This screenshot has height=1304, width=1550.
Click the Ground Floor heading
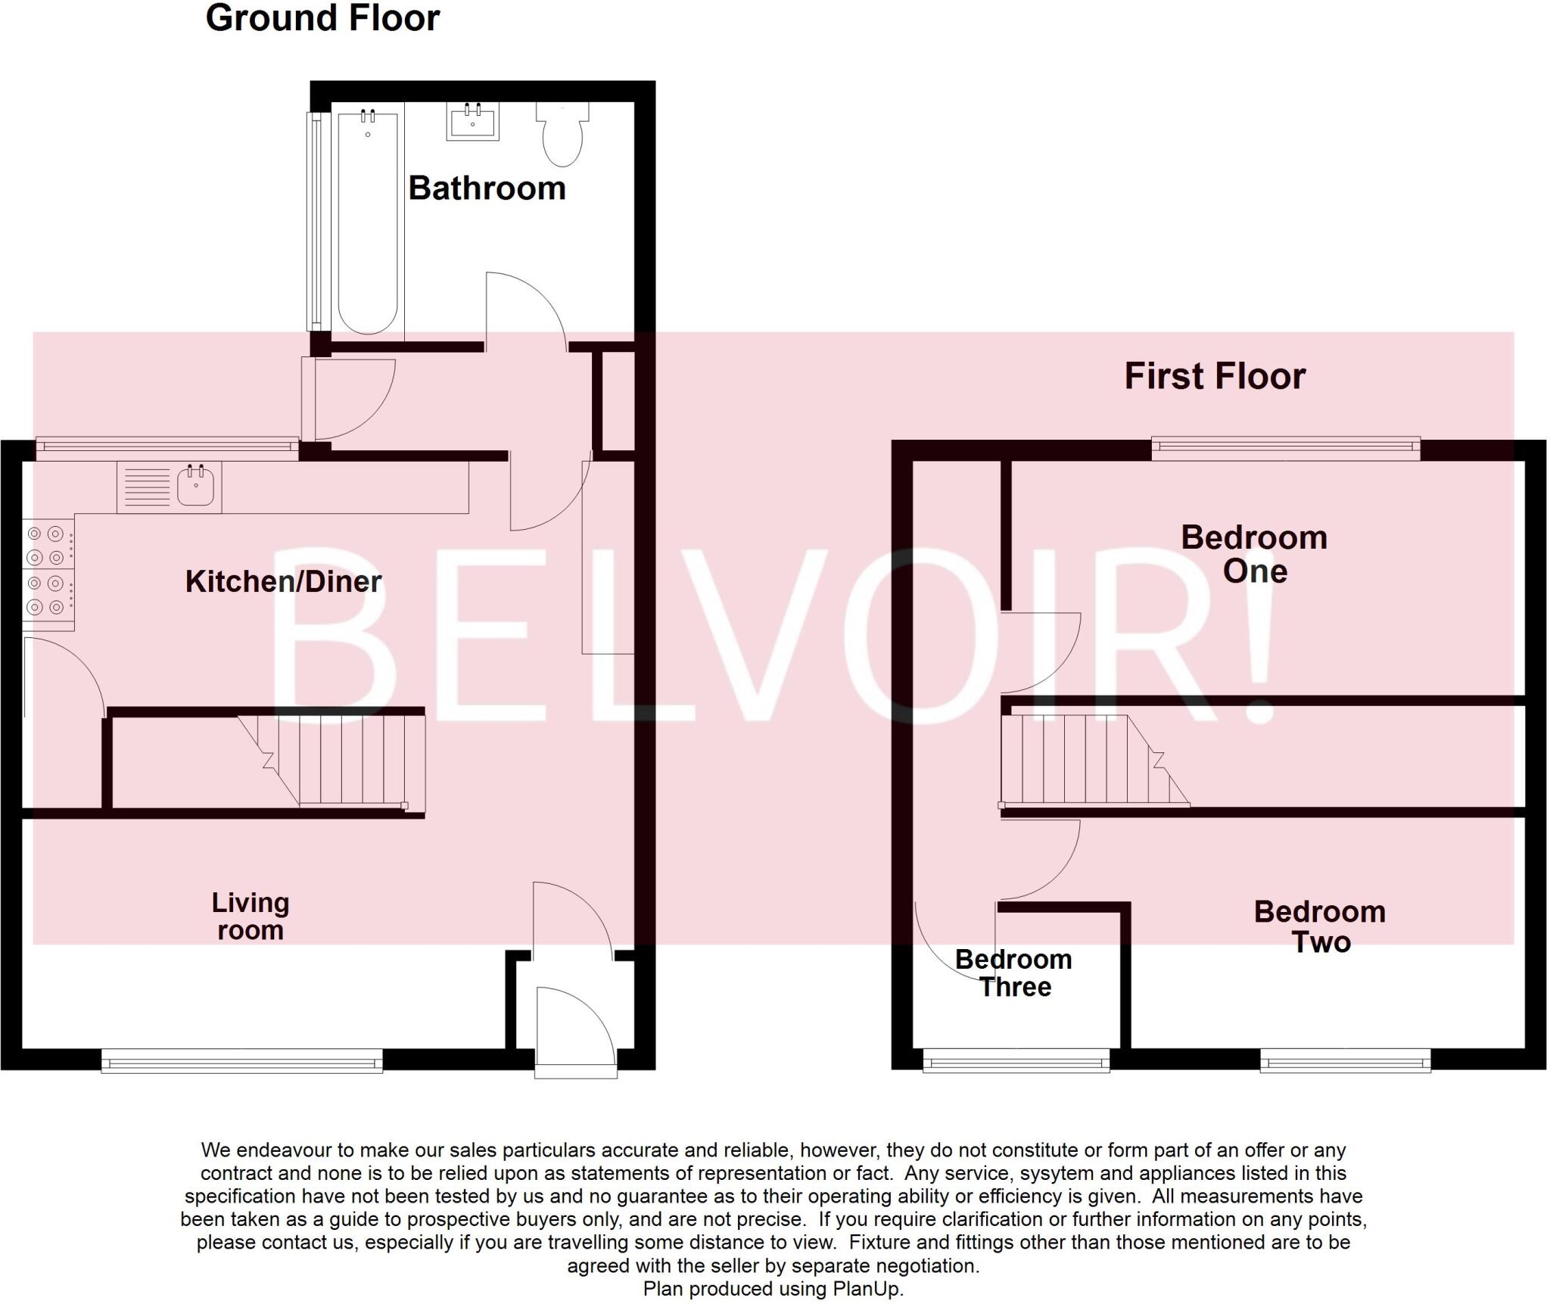[322, 18]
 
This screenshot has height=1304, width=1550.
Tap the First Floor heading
[1215, 376]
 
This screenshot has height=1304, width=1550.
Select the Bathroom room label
[487, 188]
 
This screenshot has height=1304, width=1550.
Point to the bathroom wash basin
[473, 122]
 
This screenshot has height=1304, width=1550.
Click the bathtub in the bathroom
[367, 223]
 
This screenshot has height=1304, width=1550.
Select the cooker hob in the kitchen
[48, 571]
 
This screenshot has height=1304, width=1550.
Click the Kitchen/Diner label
[283, 581]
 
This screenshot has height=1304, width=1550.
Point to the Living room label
[250, 916]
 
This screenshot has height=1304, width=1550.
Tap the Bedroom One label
[1254, 554]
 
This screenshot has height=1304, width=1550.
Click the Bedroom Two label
[1320, 926]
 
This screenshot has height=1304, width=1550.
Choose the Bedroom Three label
[1013, 973]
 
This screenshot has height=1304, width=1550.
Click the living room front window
[241, 1060]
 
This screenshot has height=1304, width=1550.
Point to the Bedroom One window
[1286, 448]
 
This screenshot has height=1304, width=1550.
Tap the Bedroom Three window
[1016, 1060]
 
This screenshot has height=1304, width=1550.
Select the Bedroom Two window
[1345, 1060]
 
